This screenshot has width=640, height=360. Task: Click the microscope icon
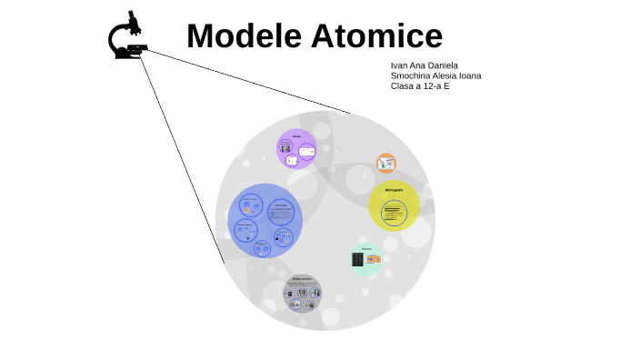(x=128, y=37)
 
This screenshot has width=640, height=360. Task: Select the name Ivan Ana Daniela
(x=424, y=65)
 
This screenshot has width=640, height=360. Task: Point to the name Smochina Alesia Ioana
(x=435, y=75)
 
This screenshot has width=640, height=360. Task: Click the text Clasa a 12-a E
(x=420, y=86)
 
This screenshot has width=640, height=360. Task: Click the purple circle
(x=296, y=149)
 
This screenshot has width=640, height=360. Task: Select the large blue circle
(x=264, y=220)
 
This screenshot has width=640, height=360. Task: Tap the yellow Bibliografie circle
(x=394, y=205)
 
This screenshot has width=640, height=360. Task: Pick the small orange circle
(x=386, y=164)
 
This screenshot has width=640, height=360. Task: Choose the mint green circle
(x=367, y=259)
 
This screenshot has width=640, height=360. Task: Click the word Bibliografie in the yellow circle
(x=394, y=190)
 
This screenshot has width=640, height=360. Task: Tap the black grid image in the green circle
(x=358, y=260)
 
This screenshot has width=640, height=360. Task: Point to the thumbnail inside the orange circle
(x=386, y=164)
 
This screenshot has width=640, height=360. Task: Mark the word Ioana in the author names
(x=470, y=75)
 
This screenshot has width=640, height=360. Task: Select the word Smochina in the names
(x=411, y=75)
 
